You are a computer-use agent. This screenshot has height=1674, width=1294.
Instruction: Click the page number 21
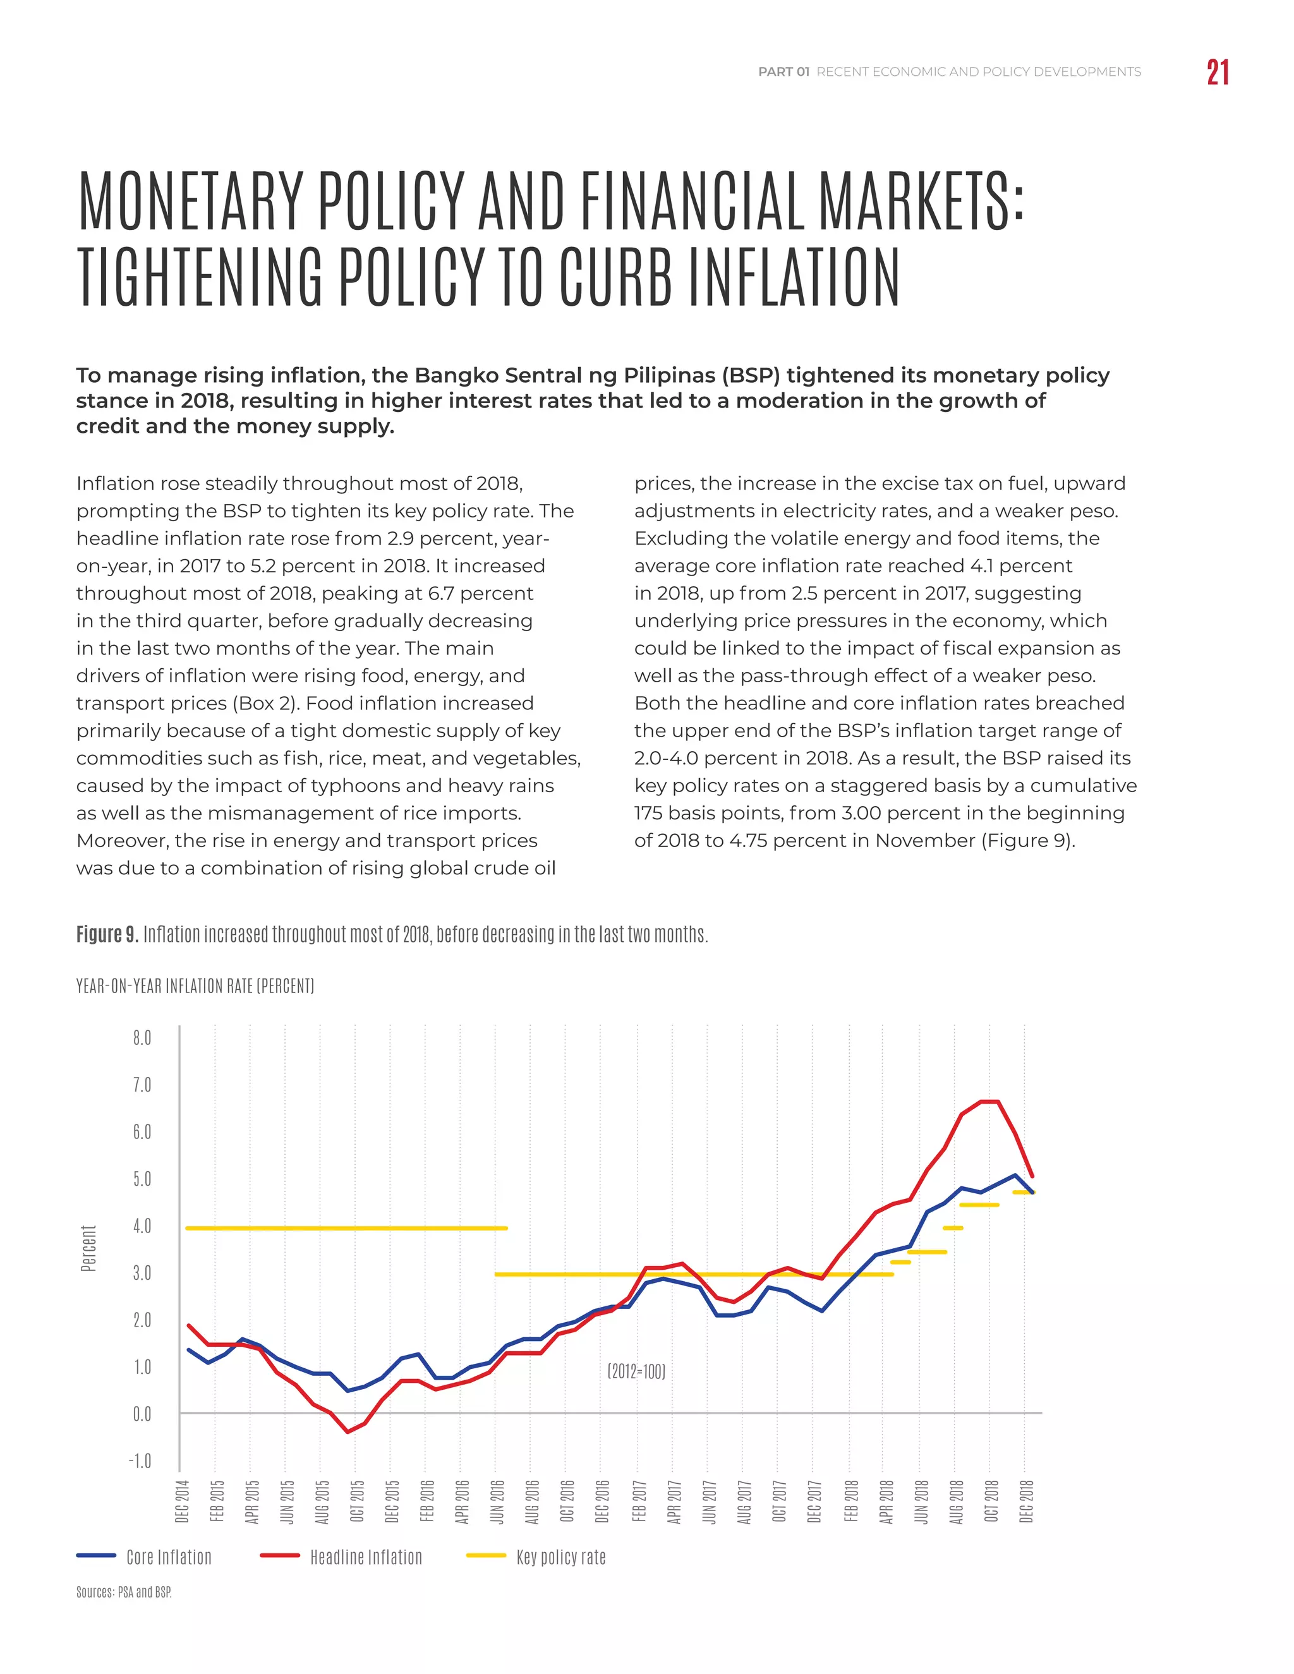[x=1218, y=73]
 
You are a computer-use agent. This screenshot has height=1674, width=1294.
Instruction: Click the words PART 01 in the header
[x=783, y=72]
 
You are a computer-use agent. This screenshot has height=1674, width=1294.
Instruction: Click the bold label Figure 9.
[x=107, y=934]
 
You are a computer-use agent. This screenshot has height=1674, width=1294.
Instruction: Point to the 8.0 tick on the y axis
[x=142, y=1038]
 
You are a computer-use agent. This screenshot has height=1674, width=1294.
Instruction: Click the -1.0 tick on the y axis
[x=140, y=1461]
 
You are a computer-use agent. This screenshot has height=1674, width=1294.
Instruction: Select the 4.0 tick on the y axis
[x=142, y=1226]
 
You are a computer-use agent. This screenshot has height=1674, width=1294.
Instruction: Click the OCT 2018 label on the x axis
[x=991, y=1502]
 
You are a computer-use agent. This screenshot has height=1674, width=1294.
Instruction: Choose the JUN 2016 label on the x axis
[x=497, y=1502]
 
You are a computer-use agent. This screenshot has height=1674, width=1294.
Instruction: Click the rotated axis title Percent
[x=89, y=1248]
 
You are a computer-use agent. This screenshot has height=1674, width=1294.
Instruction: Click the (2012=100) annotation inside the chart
[x=636, y=1371]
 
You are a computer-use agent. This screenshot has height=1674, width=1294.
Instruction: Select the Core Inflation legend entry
[x=169, y=1557]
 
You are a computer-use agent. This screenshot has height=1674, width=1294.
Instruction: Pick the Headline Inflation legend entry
[x=366, y=1557]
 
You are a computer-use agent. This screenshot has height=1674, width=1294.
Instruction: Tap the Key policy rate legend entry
[x=560, y=1557]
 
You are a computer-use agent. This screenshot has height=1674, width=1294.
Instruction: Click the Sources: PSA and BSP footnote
[x=123, y=1592]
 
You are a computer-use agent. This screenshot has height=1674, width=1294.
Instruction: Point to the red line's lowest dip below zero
[x=348, y=1431]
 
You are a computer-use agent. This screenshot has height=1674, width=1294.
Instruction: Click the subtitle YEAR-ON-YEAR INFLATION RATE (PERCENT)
[x=195, y=985]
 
